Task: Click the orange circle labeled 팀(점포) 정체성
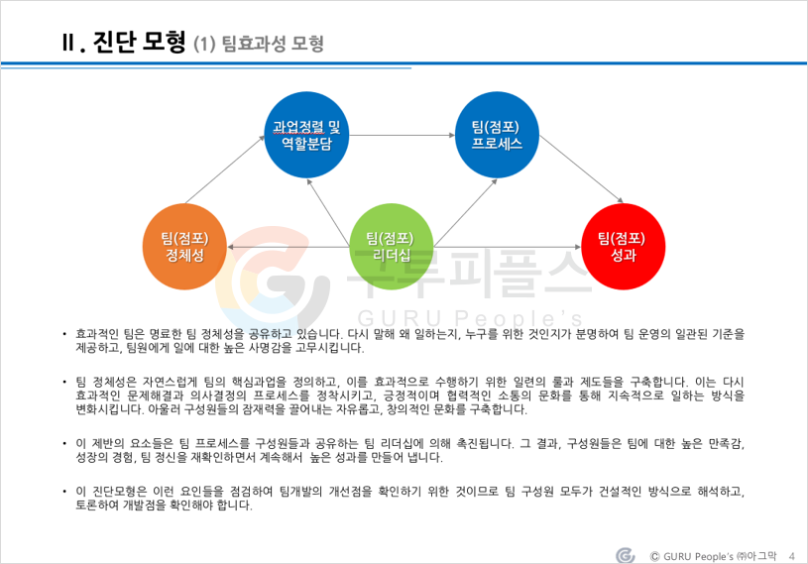click(x=184, y=247)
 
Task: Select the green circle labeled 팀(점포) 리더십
click(x=392, y=247)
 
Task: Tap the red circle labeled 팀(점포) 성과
click(x=623, y=247)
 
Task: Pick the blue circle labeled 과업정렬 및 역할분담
click(x=306, y=135)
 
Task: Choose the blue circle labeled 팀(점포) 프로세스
click(x=497, y=135)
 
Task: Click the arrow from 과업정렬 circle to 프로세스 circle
click(x=402, y=136)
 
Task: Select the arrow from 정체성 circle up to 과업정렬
click(x=225, y=169)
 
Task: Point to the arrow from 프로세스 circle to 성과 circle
click(x=581, y=169)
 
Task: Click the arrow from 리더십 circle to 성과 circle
click(x=508, y=247)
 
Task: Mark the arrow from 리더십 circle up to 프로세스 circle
click(x=465, y=213)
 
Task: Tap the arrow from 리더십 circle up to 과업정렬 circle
click(x=328, y=213)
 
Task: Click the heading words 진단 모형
click(x=139, y=43)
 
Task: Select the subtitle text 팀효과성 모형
click(x=273, y=44)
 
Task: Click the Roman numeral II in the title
click(x=68, y=43)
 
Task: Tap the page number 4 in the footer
click(x=792, y=556)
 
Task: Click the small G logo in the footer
click(x=625, y=555)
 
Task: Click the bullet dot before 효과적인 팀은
click(x=64, y=335)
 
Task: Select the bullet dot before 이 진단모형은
click(x=64, y=492)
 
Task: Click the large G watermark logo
click(x=272, y=279)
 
